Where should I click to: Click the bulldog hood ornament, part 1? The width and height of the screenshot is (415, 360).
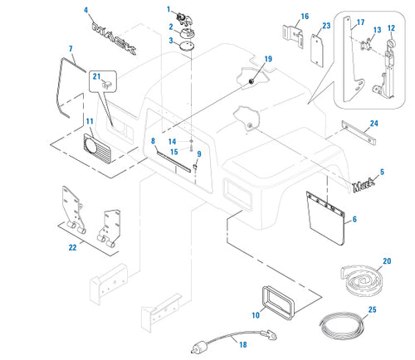click(184, 18)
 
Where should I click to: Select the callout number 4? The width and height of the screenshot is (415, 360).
click(86, 11)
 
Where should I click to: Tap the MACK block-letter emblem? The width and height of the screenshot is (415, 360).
click(114, 38)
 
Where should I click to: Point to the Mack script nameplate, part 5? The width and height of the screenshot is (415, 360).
click(364, 185)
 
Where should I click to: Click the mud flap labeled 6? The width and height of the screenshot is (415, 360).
click(325, 218)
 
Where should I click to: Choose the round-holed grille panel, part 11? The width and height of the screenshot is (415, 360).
click(97, 148)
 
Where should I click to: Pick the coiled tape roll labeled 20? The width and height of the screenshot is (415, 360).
click(360, 279)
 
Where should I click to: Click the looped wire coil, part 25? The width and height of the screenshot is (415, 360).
click(341, 326)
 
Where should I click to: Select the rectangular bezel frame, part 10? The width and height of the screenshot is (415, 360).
click(278, 302)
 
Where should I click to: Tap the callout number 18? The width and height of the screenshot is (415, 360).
click(243, 344)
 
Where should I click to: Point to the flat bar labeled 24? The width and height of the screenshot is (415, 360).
click(359, 133)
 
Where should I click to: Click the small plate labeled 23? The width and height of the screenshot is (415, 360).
click(317, 51)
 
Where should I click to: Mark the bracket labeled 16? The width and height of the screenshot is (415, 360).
click(293, 36)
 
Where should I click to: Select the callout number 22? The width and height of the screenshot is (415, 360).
click(72, 247)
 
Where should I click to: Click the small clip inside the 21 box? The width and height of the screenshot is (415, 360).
click(106, 84)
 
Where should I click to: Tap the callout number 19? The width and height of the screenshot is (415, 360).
click(268, 59)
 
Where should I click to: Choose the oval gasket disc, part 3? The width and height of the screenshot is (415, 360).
click(187, 46)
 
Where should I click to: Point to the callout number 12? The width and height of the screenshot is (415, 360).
click(391, 28)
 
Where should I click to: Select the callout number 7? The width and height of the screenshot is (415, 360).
click(71, 49)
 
